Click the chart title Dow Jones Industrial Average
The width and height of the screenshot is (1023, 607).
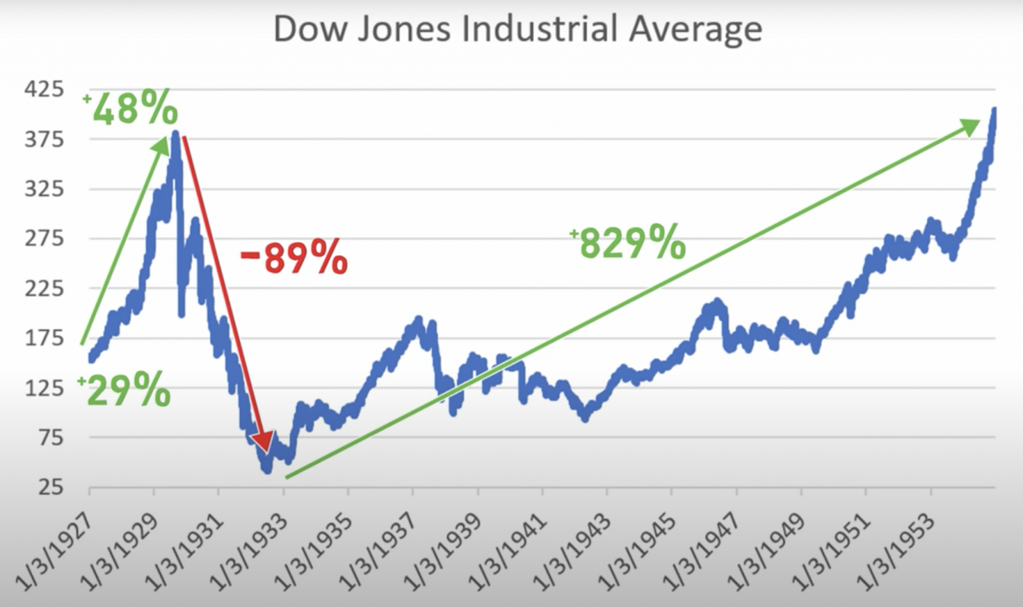[517, 29]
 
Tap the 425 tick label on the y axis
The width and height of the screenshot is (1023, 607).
[44, 89]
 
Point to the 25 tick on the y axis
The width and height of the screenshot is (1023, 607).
[51, 488]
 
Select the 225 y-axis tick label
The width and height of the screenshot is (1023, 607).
[44, 288]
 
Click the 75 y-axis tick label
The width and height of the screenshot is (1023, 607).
[51, 438]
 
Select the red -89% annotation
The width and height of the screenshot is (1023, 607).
[294, 257]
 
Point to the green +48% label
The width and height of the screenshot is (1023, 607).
[131, 109]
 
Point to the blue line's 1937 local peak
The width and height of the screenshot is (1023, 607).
[419, 319]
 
